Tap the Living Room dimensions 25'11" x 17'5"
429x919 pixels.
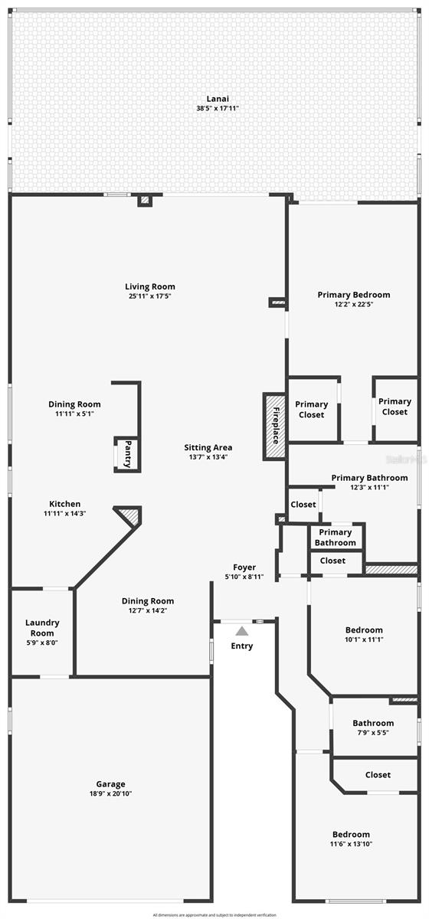click(150, 296)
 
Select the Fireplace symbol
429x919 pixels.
click(275, 427)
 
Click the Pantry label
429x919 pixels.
click(128, 453)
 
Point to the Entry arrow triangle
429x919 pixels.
click(242, 631)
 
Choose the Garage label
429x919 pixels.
click(111, 784)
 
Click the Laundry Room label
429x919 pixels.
click(42, 628)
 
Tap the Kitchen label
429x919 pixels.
click(65, 504)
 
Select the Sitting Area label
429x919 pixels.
click(208, 448)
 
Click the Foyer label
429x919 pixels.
click(244, 567)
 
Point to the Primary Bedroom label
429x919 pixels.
click(354, 295)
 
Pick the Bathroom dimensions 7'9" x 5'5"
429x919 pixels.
click(373, 733)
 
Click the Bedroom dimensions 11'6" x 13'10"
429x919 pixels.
click(351, 844)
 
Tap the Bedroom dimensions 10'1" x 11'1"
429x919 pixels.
click(364, 639)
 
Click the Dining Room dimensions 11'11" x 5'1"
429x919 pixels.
click(74, 414)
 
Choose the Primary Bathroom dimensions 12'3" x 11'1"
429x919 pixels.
click(369, 487)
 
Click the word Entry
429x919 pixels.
click(242, 646)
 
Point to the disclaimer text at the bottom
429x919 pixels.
click(214, 914)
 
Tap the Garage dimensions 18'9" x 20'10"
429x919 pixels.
click(111, 793)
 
